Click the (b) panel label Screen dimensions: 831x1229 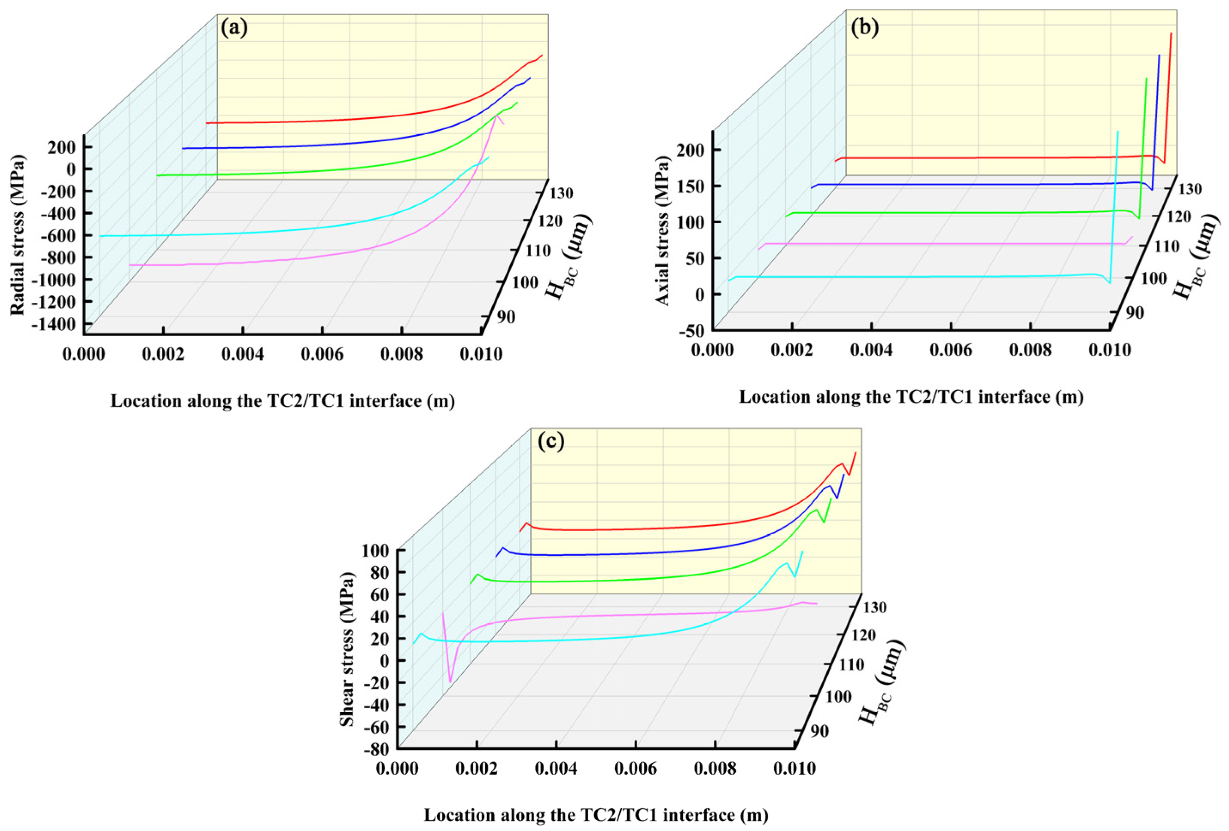(x=864, y=27)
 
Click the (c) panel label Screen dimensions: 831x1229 (x=551, y=441)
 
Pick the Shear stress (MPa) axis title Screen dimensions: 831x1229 (x=347, y=650)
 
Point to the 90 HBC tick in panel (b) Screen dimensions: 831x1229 (x=1131, y=313)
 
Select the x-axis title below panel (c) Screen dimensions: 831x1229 (x=596, y=815)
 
